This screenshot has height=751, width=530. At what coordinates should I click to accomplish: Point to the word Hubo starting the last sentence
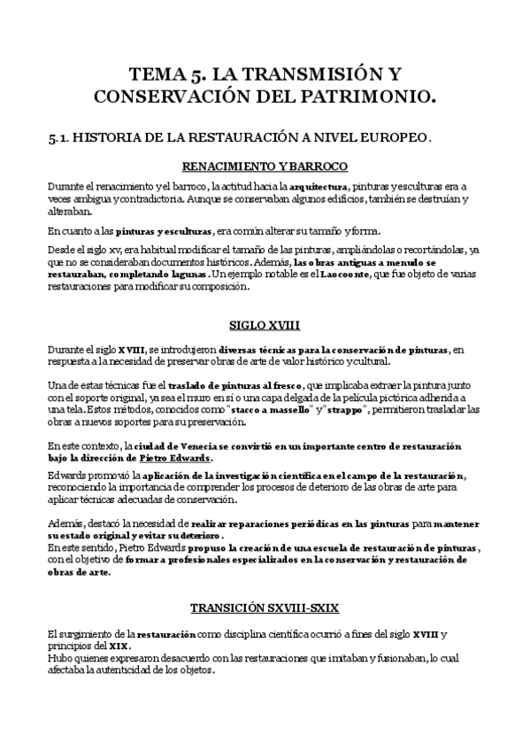point(59,658)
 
